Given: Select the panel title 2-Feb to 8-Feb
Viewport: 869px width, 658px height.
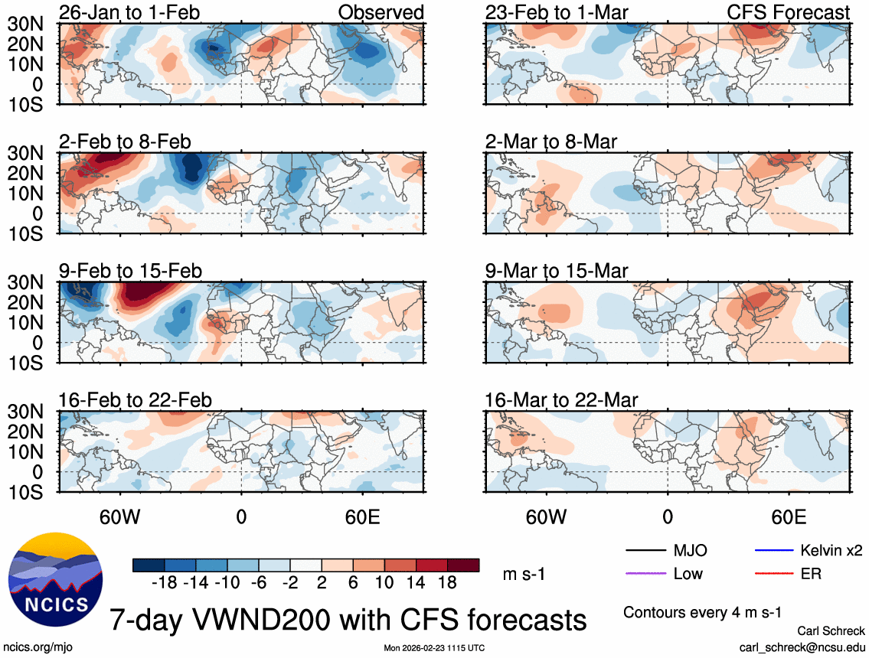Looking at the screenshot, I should click(125, 142).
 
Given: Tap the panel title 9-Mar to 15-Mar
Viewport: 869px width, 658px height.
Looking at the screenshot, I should click(556, 271).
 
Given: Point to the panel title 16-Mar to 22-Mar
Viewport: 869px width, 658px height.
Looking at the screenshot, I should click(561, 400).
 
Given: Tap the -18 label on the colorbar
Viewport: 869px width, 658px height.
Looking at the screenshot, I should click(165, 582).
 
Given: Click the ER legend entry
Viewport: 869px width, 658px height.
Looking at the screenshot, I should click(811, 573).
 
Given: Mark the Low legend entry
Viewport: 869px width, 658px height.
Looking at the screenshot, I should click(688, 573).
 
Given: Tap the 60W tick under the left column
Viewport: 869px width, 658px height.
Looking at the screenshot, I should click(119, 516).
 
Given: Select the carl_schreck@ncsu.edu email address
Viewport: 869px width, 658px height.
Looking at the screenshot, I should click(803, 647).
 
